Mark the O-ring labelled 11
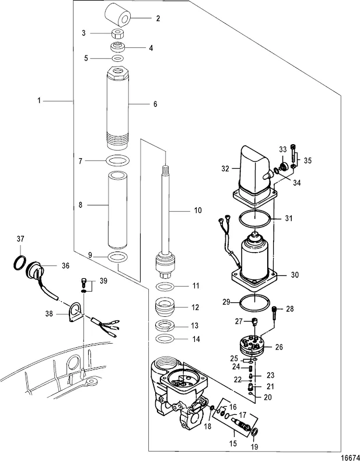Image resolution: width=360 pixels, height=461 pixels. point(165,287)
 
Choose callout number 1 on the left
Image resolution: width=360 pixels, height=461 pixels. point(40,102)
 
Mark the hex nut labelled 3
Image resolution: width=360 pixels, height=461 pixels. point(117,33)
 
